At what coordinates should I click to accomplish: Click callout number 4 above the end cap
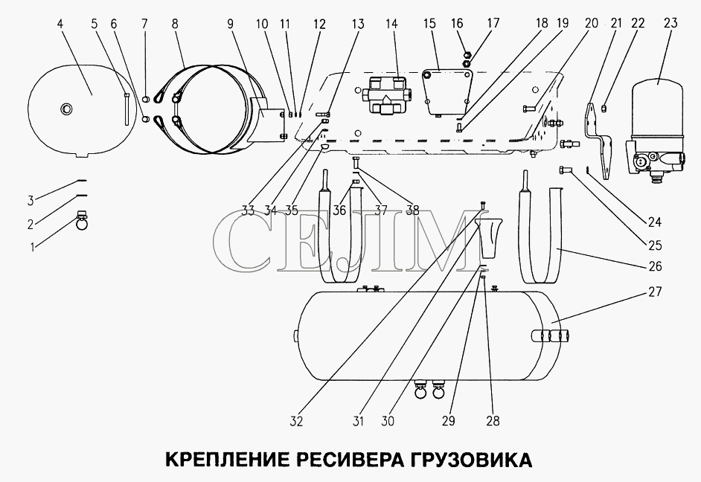(x=60, y=23)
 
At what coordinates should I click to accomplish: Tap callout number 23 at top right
(x=670, y=23)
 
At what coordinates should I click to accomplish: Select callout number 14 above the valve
(x=391, y=23)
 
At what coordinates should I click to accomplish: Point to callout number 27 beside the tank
(x=655, y=292)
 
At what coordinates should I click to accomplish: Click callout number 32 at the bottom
(x=296, y=421)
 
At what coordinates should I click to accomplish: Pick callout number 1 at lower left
(x=32, y=247)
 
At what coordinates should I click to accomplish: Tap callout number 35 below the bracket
(x=291, y=210)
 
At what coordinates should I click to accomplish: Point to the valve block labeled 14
(x=386, y=94)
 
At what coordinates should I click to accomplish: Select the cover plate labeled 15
(x=445, y=91)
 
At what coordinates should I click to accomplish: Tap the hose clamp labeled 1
(x=82, y=221)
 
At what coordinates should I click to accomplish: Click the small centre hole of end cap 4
(x=67, y=108)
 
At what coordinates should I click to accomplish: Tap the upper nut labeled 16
(x=465, y=54)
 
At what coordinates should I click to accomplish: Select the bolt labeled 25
(x=563, y=170)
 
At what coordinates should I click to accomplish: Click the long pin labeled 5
(x=127, y=109)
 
